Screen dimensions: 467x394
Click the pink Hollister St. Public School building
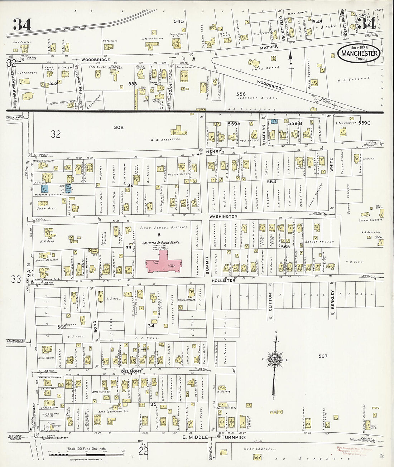point(163,262)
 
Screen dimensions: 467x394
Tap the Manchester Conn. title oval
point(359,54)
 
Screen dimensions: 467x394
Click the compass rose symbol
point(275,359)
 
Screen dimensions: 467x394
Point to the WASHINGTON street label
point(223,217)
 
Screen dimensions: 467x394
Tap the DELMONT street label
point(131,371)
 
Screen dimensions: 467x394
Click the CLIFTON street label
point(270,302)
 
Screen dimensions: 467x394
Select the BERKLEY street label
point(332,300)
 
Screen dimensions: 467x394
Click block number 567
point(323,356)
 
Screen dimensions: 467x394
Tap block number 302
point(119,127)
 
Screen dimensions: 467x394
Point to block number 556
point(241,94)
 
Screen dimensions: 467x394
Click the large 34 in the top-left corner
point(22,25)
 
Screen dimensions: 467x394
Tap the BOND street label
point(95,327)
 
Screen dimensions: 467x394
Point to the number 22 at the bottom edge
point(143,452)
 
